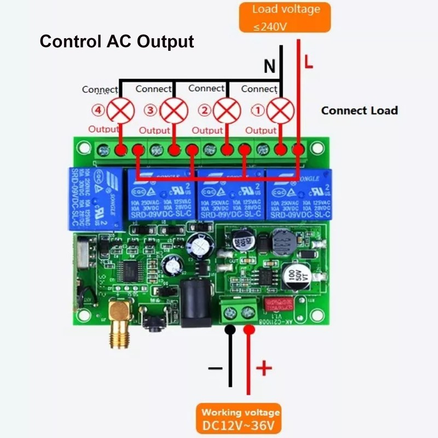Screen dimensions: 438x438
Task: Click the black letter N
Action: [x=269, y=67]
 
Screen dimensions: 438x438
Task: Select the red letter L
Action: [x=309, y=64]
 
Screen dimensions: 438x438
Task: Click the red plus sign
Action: [x=264, y=368]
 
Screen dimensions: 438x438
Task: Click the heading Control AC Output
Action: [x=117, y=42]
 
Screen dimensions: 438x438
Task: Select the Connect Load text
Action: [x=359, y=110]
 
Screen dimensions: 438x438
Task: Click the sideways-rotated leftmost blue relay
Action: [x=94, y=198]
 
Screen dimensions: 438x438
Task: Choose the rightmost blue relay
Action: [x=298, y=195]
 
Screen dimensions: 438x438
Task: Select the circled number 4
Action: [x=99, y=111]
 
